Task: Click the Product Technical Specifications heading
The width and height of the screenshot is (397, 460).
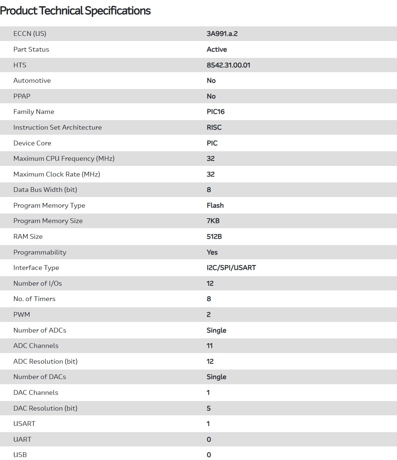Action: click(75, 11)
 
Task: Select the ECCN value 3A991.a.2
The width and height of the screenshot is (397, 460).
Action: click(222, 34)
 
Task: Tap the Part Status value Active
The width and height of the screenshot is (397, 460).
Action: click(217, 49)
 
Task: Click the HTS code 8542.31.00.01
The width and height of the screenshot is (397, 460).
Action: click(228, 65)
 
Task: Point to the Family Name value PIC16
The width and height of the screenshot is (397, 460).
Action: click(216, 112)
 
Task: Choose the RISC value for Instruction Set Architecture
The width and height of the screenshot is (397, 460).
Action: click(214, 127)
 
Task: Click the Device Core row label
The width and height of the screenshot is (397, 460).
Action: click(32, 143)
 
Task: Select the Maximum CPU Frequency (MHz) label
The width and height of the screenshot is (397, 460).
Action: click(64, 159)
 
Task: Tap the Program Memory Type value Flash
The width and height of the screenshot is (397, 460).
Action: click(215, 205)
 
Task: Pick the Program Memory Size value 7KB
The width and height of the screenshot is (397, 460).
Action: click(213, 221)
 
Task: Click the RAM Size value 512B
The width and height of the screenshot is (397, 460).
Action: click(214, 237)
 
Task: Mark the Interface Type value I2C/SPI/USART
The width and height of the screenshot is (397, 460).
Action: click(231, 268)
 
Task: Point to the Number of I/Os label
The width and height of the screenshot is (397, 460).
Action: click(38, 283)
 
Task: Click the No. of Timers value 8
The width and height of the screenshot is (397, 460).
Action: click(209, 299)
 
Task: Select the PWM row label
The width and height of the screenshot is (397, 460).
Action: click(22, 315)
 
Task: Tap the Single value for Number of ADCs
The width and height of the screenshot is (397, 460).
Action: click(216, 330)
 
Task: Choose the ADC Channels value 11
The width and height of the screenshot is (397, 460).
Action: click(209, 346)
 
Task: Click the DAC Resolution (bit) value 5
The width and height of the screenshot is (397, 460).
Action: click(209, 408)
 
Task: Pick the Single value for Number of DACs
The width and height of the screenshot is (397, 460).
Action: click(216, 377)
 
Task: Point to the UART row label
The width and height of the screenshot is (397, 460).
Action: click(22, 439)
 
